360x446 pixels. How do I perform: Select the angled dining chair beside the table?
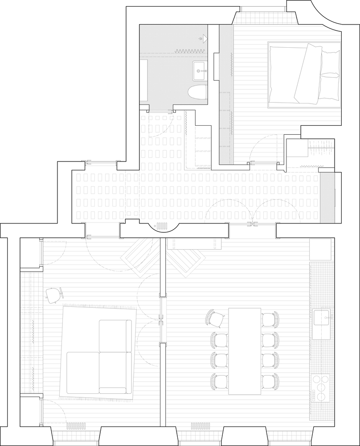click(x=216, y=318)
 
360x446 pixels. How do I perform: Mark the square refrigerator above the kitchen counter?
click(x=321, y=250)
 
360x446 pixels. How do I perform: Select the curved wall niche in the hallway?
click(x=165, y=226)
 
